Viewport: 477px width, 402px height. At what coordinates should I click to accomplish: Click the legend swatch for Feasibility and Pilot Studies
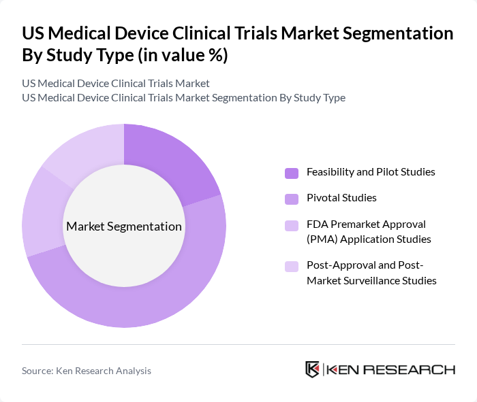tap(291, 173)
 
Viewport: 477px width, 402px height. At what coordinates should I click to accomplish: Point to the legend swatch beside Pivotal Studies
tap(291, 199)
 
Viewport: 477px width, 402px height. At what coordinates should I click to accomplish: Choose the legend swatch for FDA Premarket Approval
tap(291, 225)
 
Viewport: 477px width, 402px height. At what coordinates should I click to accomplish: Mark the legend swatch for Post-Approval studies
tap(291, 266)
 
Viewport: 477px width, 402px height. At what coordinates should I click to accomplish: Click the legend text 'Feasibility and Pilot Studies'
tap(371, 172)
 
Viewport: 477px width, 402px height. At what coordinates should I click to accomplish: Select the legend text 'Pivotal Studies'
tap(341, 198)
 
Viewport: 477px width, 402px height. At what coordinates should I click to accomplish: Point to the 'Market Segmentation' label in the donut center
tap(124, 227)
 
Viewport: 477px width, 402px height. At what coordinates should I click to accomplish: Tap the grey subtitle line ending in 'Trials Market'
tap(116, 84)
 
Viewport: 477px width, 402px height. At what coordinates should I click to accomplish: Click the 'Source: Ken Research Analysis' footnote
tap(87, 371)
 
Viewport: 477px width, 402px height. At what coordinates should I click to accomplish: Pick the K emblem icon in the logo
tap(313, 370)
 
